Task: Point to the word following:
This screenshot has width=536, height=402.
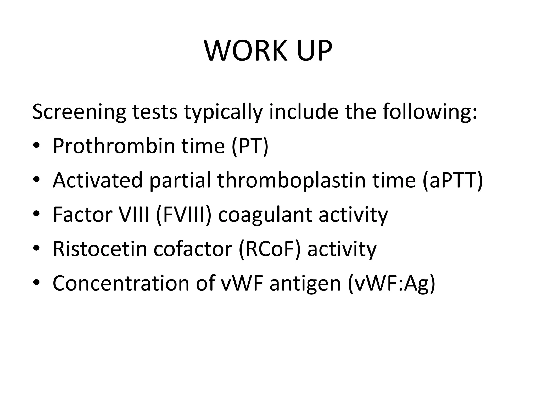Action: pos(429,112)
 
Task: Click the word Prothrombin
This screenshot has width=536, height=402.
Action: pos(114,146)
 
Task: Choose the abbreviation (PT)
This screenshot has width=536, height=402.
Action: pos(250,146)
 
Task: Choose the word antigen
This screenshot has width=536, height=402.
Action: pos(305,284)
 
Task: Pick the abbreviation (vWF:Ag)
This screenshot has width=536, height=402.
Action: pos(392,283)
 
